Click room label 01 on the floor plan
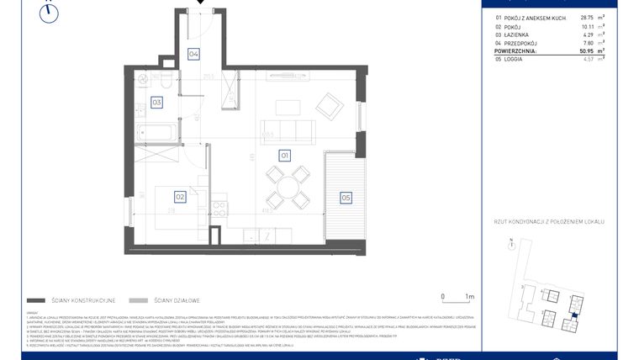[x=285, y=156]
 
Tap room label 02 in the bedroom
[x=179, y=197]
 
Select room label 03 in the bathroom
[x=156, y=103]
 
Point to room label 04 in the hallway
[x=193, y=54]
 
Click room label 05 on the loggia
[x=346, y=198]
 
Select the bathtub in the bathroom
[x=157, y=132]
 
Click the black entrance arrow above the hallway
[x=200, y=3]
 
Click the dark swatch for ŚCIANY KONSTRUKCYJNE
[x=35, y=300]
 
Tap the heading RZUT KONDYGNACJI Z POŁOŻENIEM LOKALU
[x=550, y=221]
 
